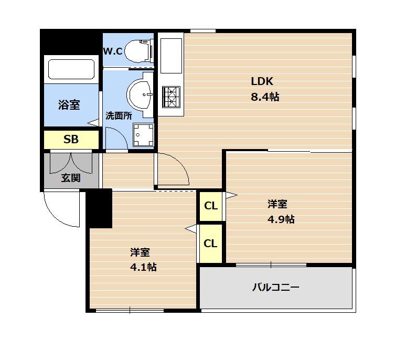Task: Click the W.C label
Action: pyautogui.click(x=113, y=51)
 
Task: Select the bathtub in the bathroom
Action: pyautogui.click(x=71, y=69)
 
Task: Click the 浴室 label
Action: pyautogui.click(x=69, y=105)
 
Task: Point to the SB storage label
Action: pyautogui.click(x=71, y=140)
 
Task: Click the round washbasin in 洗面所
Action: pyautogui.click(x=140, y=94)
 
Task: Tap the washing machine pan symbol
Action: pyautogui.click(x=143, y=135)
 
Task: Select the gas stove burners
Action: pyautogui.click(x=171, y=97)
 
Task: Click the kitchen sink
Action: pyautogui.click(x=171, y=56)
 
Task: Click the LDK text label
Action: pyautogui.click(x=262, y=81)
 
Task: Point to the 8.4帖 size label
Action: pyautogui.click(x=265, y=97)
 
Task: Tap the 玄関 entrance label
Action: pyautogui.click(x=71, y=178)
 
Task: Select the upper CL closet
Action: pyautogui.click(x=211, y=206)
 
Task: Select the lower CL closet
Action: pyautogui.click(x=210, y=243)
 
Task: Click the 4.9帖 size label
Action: pyautogui.click(x=281, y=219)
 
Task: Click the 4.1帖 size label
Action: pyautogui.click(x=143, y=267)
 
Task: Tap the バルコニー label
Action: pyautogui.click(x=276, y=287)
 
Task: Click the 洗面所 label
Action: pyautogui.click(x=119, y=116)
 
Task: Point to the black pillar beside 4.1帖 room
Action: pyautogui.click(x=99, y=208)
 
